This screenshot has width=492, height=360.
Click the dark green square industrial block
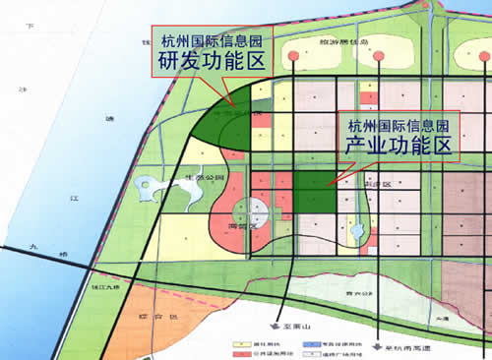pos(315,191)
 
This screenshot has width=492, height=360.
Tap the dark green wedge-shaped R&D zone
pos(221,123)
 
